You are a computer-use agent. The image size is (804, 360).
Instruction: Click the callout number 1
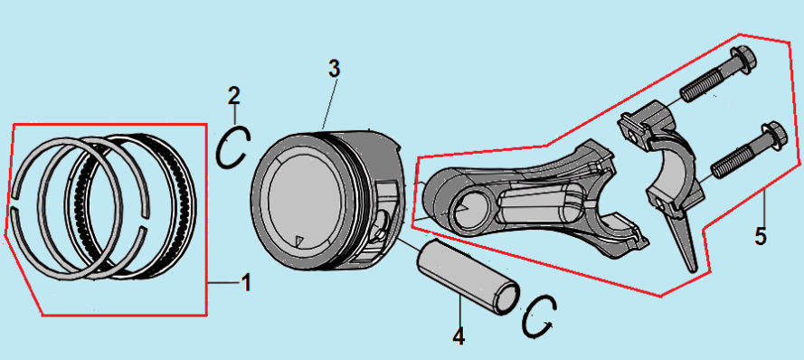[246, 282]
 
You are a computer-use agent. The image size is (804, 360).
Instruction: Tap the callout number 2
[233, 95]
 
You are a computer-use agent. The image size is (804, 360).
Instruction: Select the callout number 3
[334, 69]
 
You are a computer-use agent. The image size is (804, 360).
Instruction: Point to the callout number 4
[459, 336]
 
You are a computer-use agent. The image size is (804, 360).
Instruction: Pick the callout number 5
[761, 236]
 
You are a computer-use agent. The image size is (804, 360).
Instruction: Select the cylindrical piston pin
[467, 276]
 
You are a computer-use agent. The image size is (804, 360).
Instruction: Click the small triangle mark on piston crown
[300, 240]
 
